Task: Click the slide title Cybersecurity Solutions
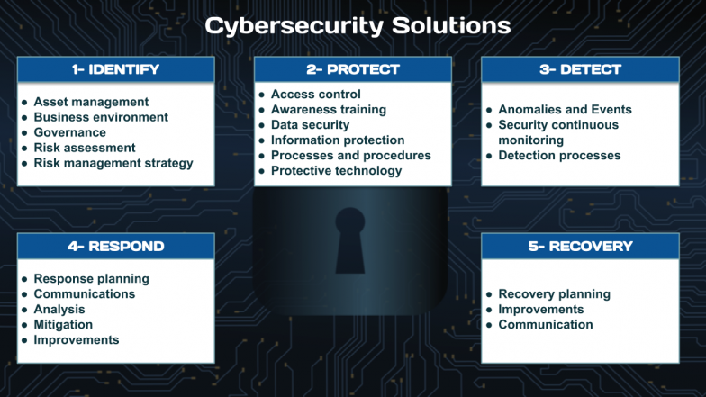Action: (x=358, y=26)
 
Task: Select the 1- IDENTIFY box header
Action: (x=115, y=69)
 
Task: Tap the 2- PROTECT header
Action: (x=353, y=69)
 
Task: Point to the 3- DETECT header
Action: (x=580, y=69)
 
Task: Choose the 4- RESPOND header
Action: (x=115, y=247)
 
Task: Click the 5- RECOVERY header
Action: (x=580, y=247)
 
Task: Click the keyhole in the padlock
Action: (x=349, y=240)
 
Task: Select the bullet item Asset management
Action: (x=91, y=102)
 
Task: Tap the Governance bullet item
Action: (x=70, y=132)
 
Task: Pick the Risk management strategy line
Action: (x=113, y=163)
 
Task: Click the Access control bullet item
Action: (x=315, y=94)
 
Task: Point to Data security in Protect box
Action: (x=310, y=124)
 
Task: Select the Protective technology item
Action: (x=337, y=171)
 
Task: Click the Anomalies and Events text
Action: (x=566, y=110)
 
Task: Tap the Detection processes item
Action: (x=560, y=155)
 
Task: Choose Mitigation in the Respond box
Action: (x=63, y=324)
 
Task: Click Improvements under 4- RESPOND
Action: (x=77, y=340)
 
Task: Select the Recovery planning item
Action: (x=555, y=293)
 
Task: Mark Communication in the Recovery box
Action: (x=546, y=324)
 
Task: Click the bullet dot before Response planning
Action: (x=24, y=279)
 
